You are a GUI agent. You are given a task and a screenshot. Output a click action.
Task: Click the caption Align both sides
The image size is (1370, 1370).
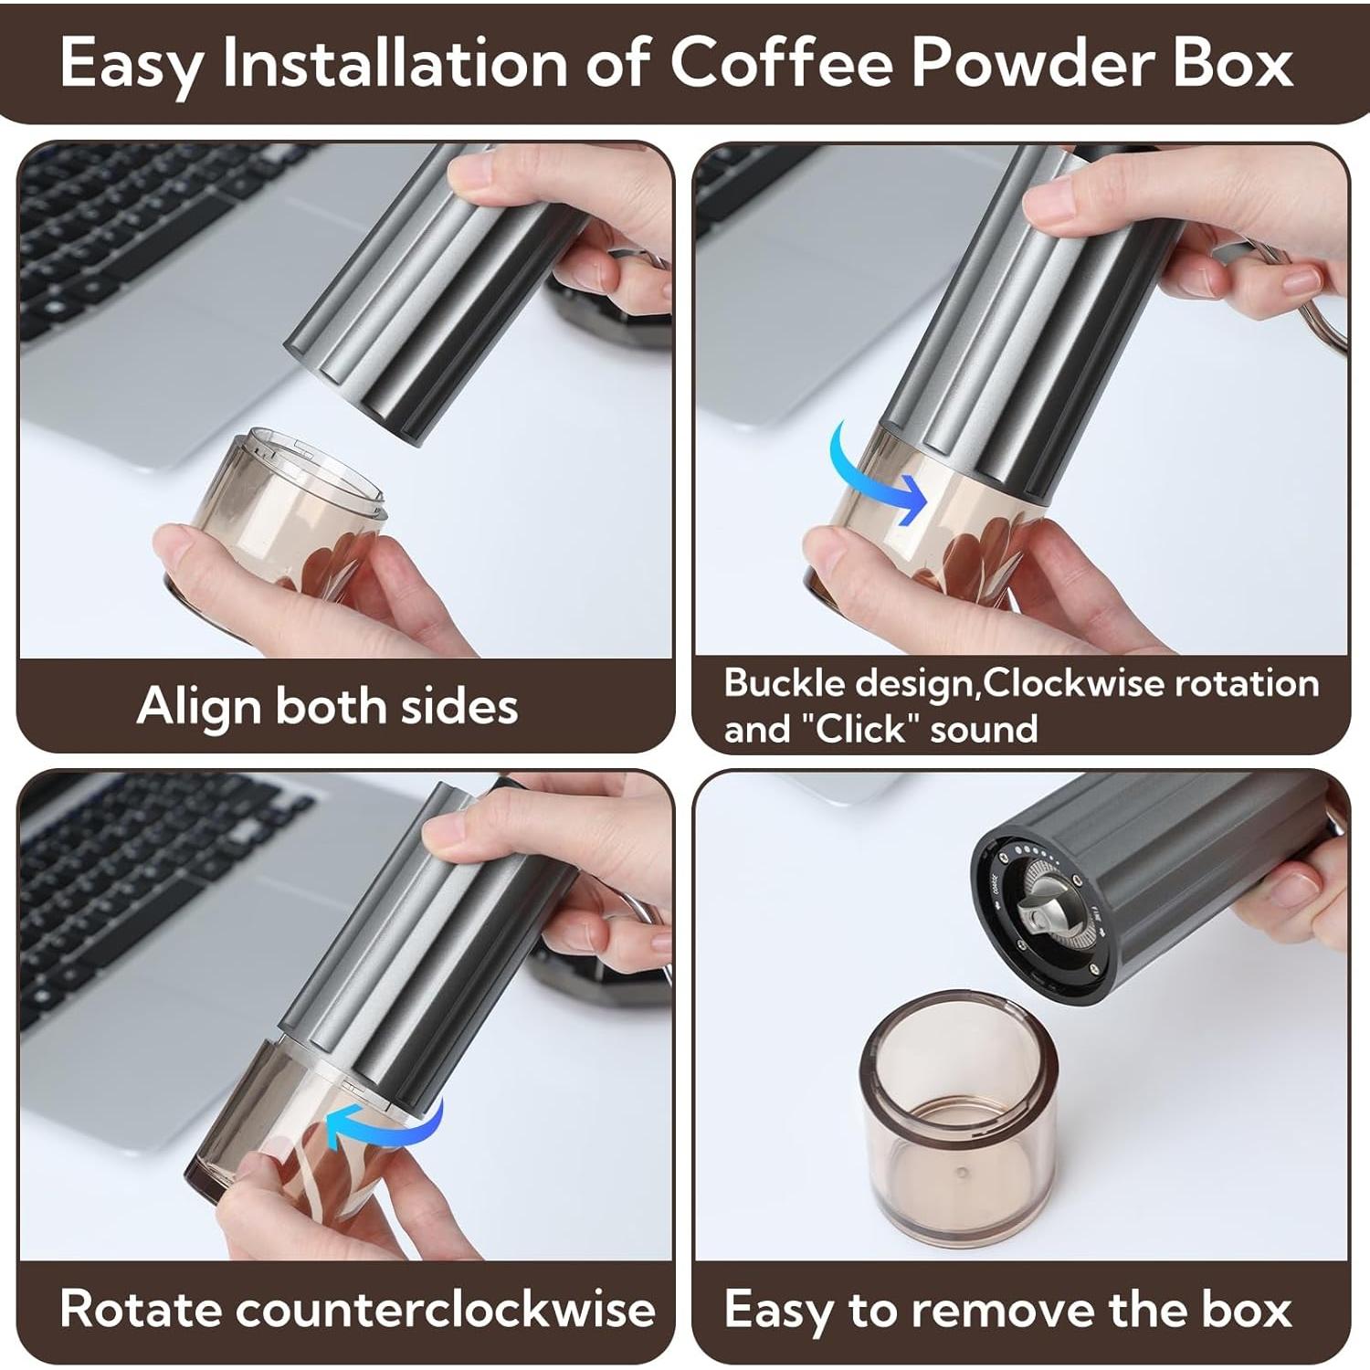pos(327,706)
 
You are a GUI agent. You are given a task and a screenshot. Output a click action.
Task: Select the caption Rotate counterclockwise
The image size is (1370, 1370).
pos(357,1309)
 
